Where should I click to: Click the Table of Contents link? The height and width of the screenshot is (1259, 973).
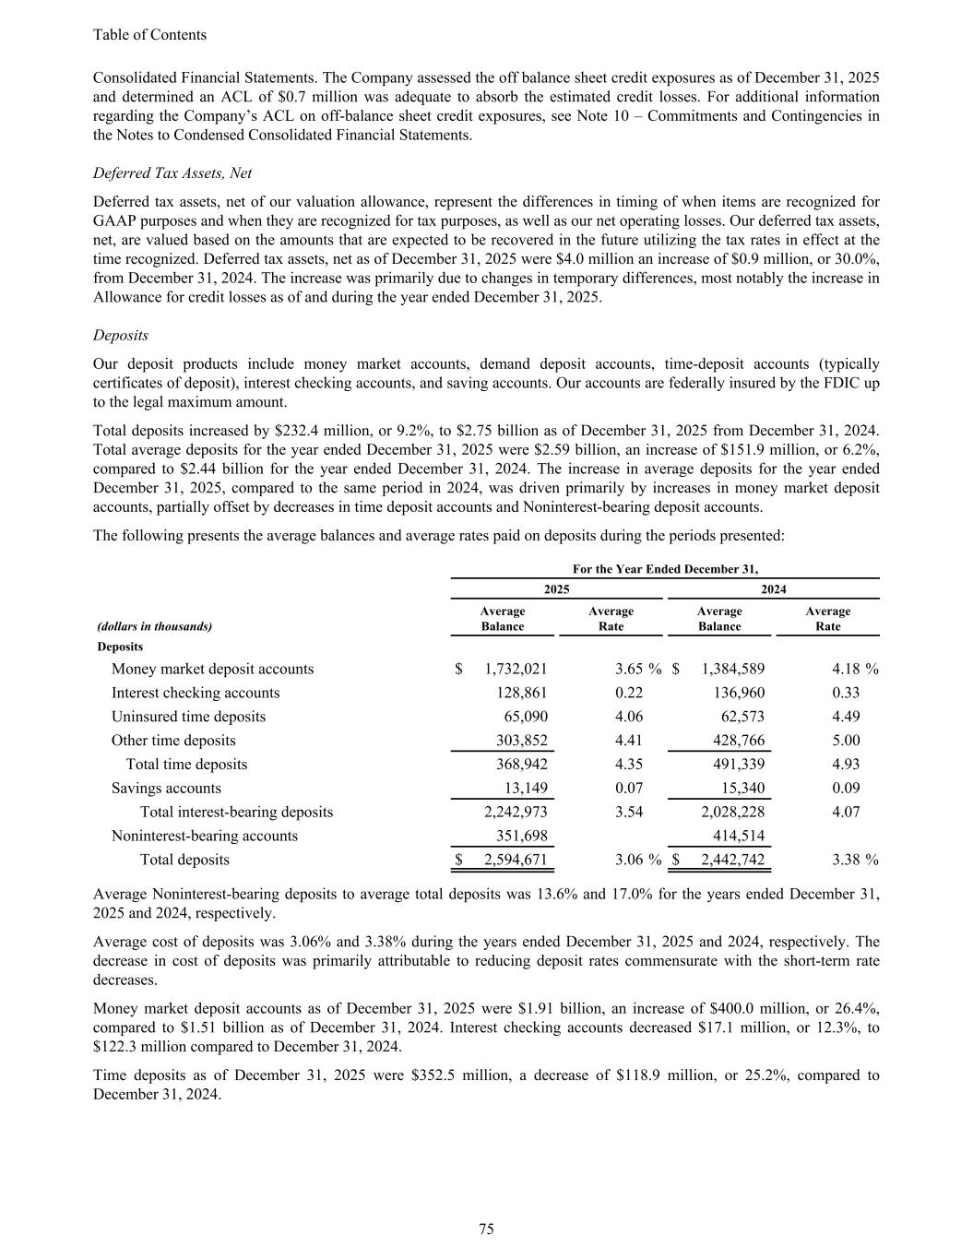[x=149, y=35]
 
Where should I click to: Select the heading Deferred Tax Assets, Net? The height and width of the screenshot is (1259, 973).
[x=172, y=173]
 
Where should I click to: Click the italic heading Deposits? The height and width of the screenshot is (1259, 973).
[x=121, y=336]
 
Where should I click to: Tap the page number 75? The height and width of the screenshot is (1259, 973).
[x=487, y=1229]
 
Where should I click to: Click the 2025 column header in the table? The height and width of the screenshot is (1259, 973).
[x=556, y=589]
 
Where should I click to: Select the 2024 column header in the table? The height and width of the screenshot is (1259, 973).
[x=773, y=589]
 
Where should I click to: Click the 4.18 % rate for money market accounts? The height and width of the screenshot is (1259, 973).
[x=854, y=670]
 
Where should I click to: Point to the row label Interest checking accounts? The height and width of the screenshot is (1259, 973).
[x=196, y=693]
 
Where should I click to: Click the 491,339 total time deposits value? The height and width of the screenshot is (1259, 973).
[x=735, y=765]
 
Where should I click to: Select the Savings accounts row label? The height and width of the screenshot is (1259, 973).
[x=166, y=789]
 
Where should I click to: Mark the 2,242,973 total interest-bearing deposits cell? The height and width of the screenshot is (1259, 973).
[x=516, y=813]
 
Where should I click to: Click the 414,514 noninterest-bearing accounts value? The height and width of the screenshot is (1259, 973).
[x=735, y=837]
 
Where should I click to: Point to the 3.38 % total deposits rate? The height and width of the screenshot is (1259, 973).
[x=854, y=861]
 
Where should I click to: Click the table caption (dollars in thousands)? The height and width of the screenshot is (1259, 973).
[x=154, y=626]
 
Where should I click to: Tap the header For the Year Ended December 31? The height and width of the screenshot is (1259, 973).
[x=665, y=569]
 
